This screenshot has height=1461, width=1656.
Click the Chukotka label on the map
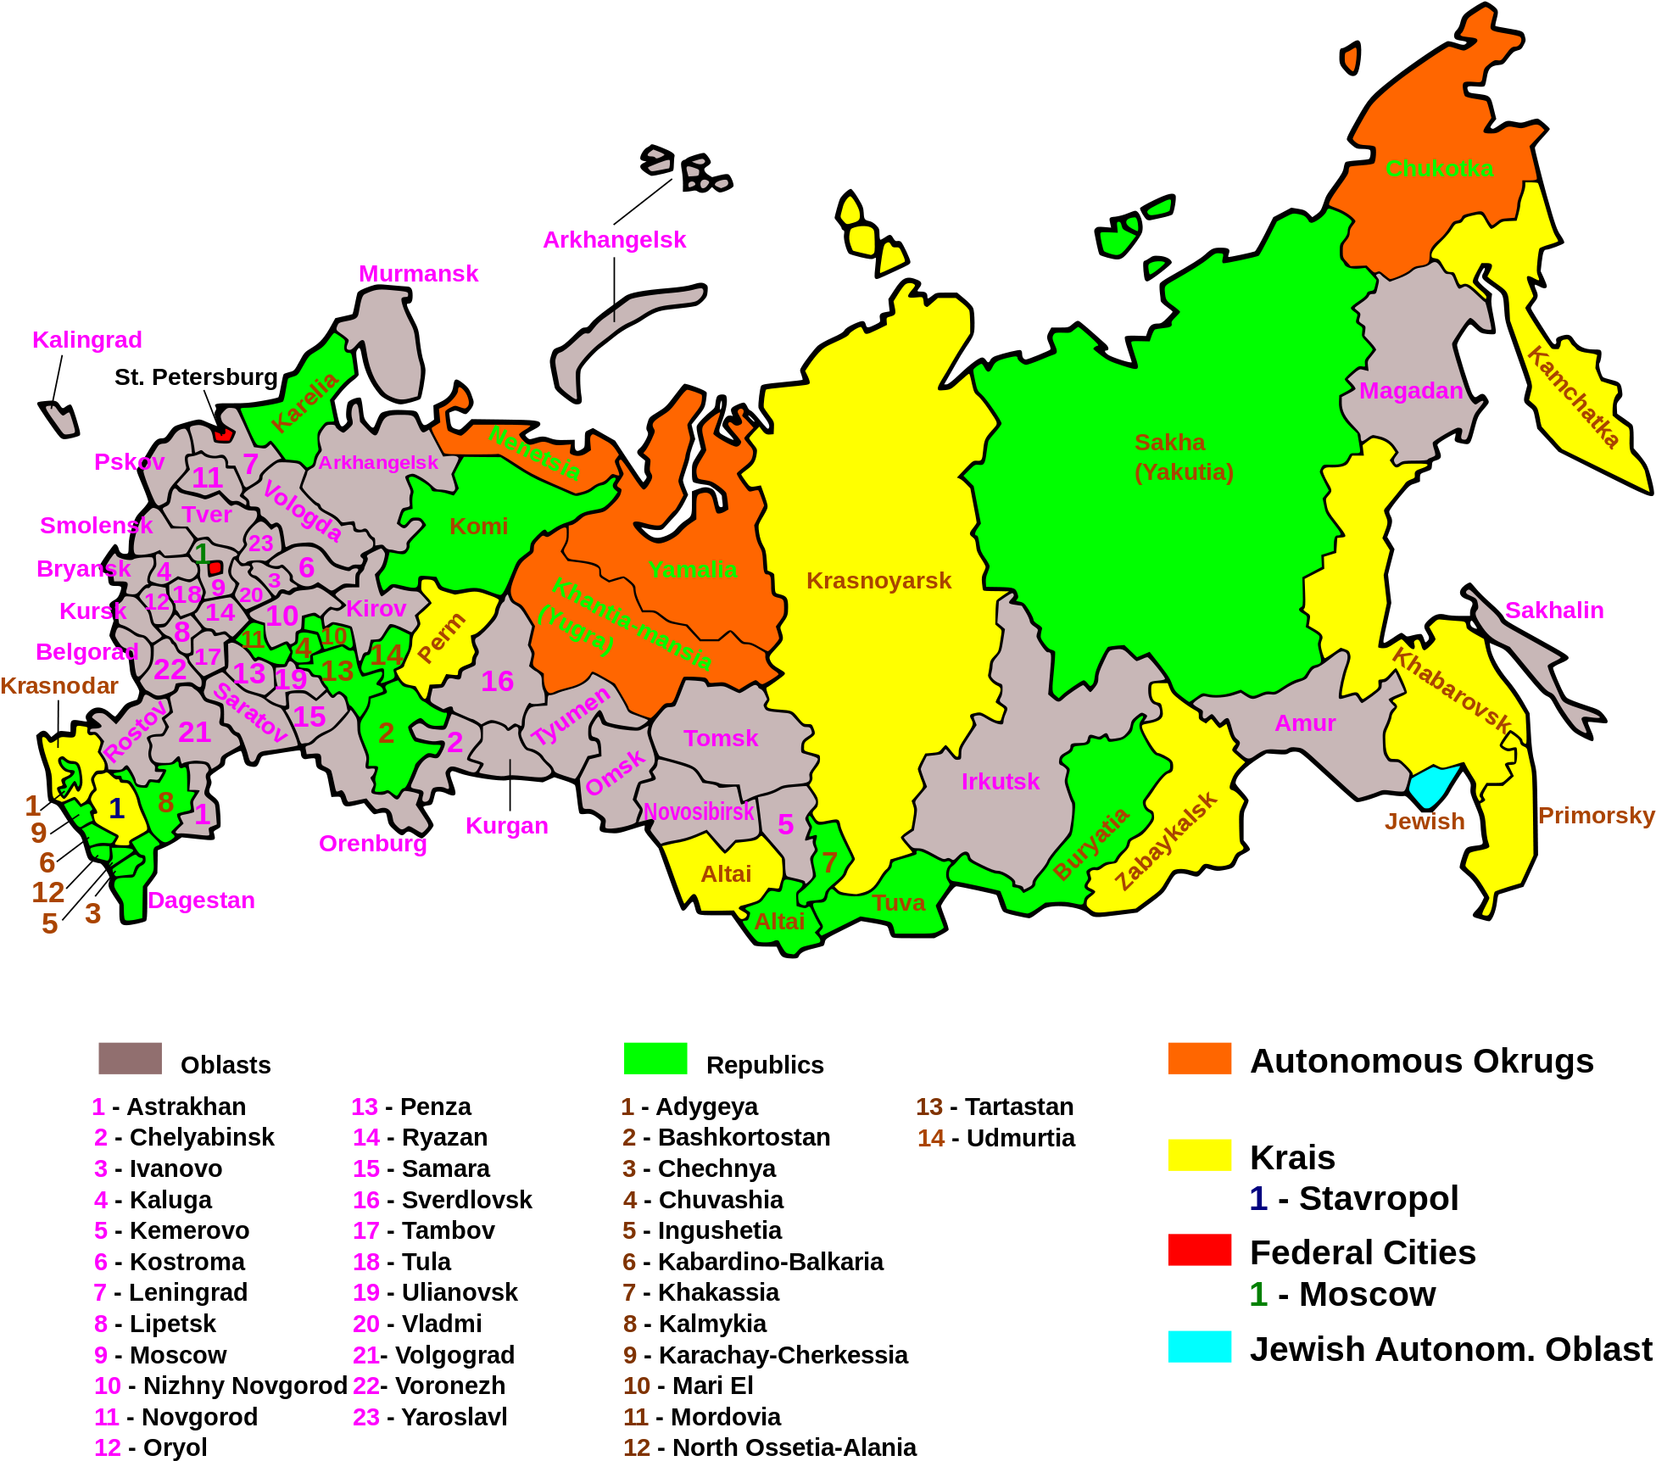[1439, 169]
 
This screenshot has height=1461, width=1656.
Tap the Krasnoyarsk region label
[878, 581]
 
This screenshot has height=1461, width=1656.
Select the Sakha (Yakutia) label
[1183, 457]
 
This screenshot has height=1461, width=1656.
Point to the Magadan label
[1411, 391]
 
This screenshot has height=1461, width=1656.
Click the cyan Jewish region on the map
[1432, 784]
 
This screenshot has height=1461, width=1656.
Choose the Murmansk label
[418, 274]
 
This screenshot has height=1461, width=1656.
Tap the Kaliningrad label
[87, 340]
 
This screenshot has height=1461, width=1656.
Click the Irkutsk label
[1000, 782]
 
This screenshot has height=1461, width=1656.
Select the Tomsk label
[721, 739]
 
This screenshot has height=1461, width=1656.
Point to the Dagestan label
[201, 901]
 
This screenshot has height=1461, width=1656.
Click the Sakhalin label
[1553, 611]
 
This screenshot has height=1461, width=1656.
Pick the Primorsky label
[1596, 816]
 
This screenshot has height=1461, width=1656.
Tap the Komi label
[478, 527]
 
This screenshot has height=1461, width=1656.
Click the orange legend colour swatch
[1199, 1058]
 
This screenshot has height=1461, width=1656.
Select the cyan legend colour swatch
[1199, 1347]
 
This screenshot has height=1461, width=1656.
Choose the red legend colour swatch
[1199, 1250]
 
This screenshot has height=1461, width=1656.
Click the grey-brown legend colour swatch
[130, 1058]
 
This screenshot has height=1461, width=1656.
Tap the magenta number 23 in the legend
[366, 1417]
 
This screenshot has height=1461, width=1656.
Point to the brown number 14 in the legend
[930, 1138]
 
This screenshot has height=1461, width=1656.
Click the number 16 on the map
[497, 682]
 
